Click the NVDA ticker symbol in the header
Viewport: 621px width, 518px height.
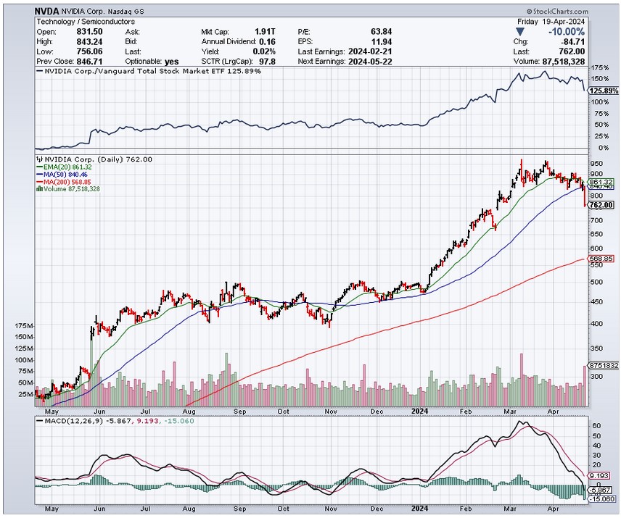[47, 12]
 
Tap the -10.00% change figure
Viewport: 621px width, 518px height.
[565, 32]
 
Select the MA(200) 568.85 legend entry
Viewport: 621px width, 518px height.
[70, 182]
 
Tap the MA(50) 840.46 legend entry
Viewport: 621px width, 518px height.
[67, 175]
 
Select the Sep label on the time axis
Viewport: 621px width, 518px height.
[238, 411]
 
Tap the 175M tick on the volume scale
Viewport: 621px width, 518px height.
[25, 327]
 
